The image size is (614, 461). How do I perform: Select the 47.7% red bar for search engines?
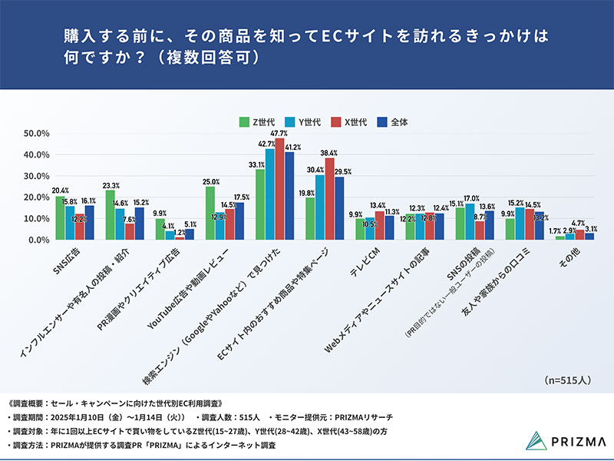(279, 189)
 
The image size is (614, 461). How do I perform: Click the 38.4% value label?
(329, 153)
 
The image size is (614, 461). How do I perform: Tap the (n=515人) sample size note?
(569, 380)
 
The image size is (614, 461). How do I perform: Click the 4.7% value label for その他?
(579, 224)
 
